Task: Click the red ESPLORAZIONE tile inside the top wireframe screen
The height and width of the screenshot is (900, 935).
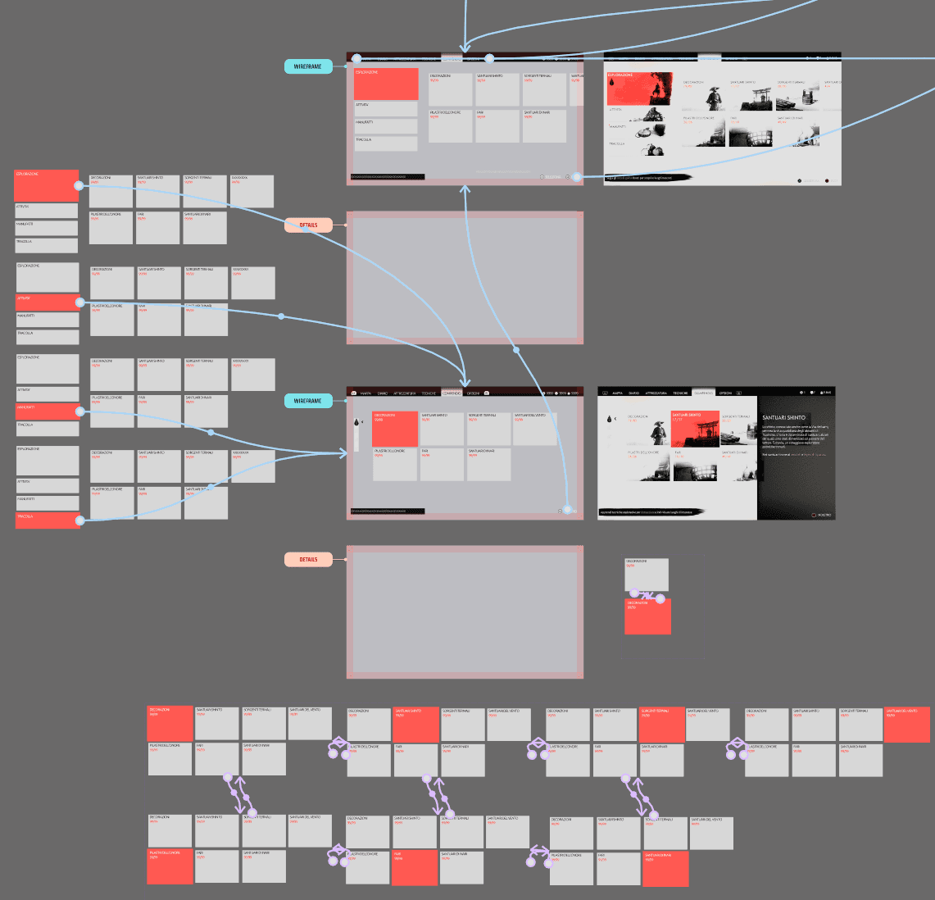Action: (386, 84)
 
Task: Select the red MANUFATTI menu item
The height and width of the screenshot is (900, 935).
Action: (48, 411)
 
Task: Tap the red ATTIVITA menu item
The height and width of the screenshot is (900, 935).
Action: (48, 302)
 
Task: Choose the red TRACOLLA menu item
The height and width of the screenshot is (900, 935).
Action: (48, 520)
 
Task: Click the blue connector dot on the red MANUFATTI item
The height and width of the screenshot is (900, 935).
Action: (79, 411)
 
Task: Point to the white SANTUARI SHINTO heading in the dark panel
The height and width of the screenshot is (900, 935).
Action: (783, 418)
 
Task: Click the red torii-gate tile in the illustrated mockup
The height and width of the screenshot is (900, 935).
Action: (695, 429)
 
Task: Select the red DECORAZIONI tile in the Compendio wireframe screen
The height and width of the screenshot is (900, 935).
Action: (395, 429)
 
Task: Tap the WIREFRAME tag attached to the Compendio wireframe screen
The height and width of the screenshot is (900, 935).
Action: (308, 401)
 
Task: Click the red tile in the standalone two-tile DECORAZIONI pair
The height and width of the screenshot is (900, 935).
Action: (647, 616)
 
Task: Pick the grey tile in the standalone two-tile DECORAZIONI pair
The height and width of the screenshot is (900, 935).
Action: (647, 573)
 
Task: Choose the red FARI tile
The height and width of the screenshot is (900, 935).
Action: (415, 868)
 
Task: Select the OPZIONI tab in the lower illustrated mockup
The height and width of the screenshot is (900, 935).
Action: (725, 393)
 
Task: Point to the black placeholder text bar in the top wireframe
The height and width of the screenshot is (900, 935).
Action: (388, 176)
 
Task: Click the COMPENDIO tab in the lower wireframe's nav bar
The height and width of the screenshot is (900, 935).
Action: (452, 393)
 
